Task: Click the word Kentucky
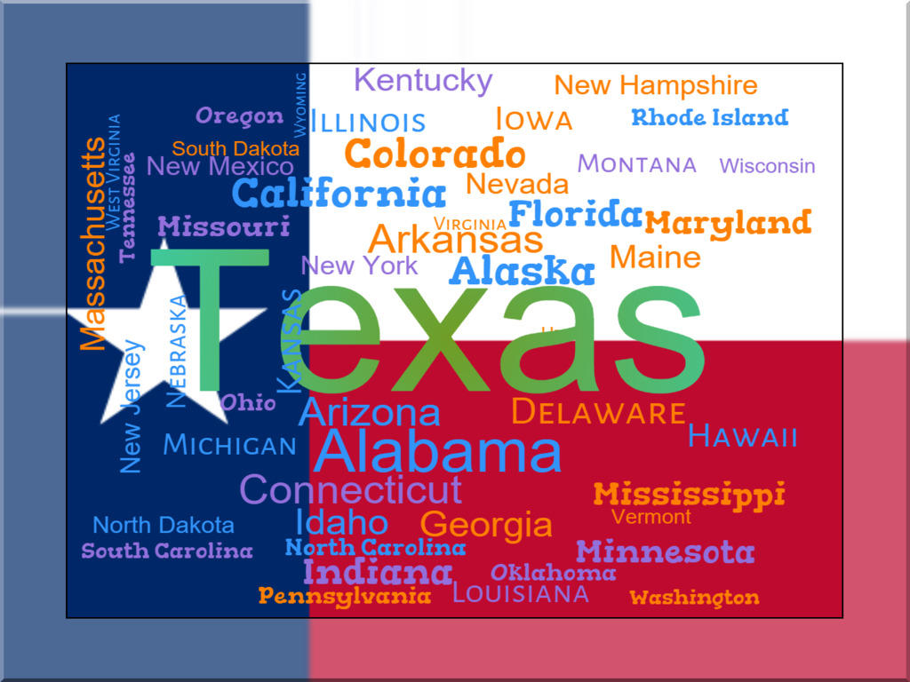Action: [x=423, y=81]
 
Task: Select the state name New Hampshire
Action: [x=656, y=85]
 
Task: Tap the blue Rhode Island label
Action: [x=709, y=117]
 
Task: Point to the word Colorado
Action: [x=435, y=155]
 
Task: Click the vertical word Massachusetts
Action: [x=92, y=244]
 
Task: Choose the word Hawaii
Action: [x=743, y=436]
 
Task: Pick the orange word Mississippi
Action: [x=689, y=494]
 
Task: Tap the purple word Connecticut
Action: [x=351, y=489]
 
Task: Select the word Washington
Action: [x=694, y=598]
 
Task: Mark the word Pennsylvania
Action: [x=345, y=595]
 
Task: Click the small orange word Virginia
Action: [x=470, y=224]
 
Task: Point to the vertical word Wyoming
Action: [x=300, y=105]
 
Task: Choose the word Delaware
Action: [x=599, y=413]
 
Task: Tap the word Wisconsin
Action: [x=767, y=166]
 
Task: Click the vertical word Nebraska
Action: [x=177, y=351]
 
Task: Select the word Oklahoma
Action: [x=553, y=573]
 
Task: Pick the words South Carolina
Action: [x=167, y=551]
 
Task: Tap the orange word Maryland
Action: [x=728, y=222]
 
